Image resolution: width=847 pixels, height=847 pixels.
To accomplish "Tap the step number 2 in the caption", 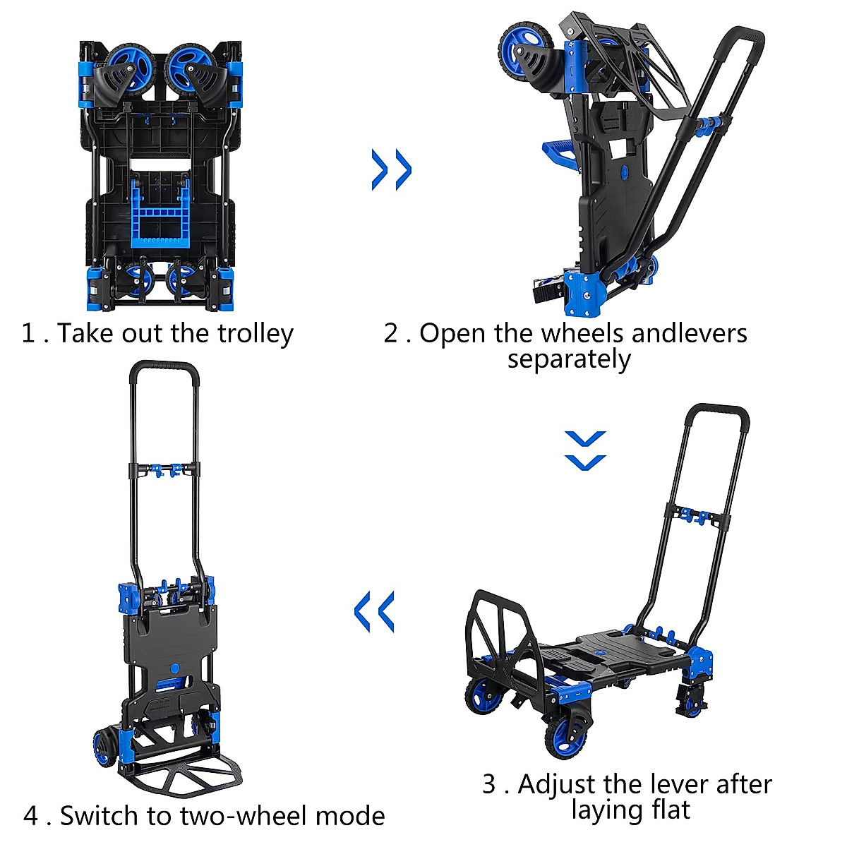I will [392, 333].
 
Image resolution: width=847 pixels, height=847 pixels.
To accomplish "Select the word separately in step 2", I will [569, 359].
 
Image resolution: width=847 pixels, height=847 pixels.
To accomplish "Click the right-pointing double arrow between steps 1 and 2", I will [392, 169].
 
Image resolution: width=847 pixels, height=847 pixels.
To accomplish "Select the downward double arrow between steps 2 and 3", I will [585, 450].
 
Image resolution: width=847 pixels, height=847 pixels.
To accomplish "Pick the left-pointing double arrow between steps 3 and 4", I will [374, 611].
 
